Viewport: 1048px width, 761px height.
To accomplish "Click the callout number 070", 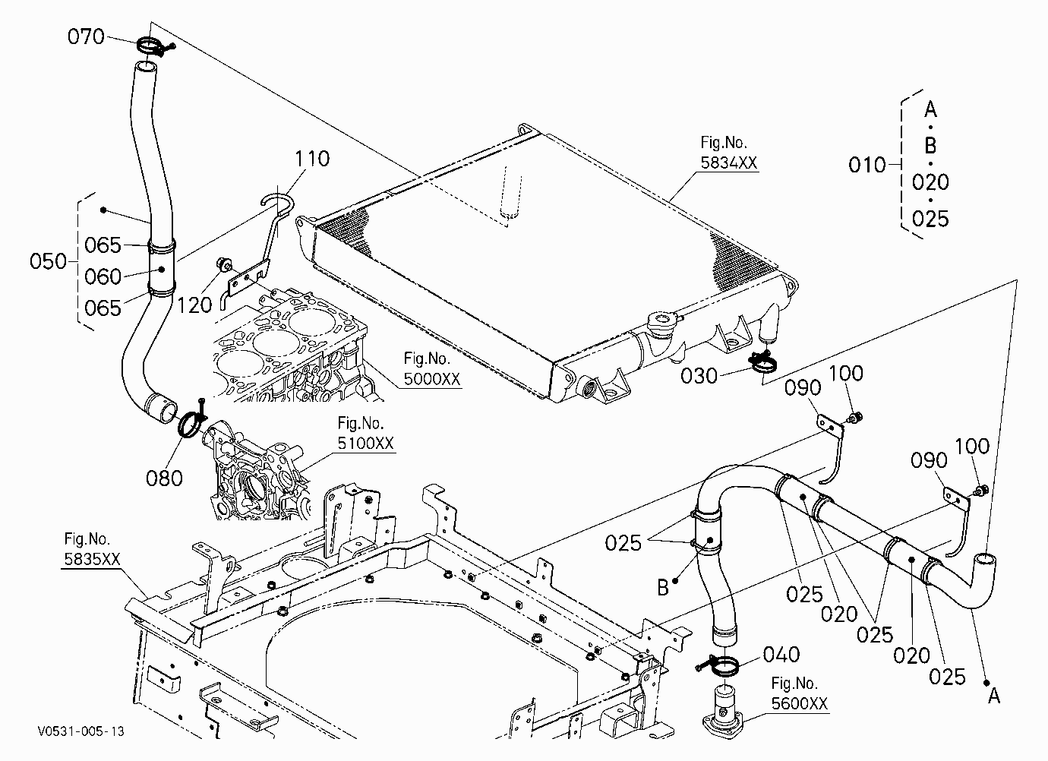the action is [86, 36].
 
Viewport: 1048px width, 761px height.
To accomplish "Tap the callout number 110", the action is [312, 159].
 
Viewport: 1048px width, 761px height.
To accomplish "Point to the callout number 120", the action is [194, 305].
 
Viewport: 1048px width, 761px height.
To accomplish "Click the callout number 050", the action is [48, 261].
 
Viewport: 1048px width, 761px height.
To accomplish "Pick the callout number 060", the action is [103, 276].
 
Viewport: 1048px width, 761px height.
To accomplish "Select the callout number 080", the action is [164, 478].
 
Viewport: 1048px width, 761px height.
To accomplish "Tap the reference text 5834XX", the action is [728, 163].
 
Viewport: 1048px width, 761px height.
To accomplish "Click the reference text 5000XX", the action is [432, 379].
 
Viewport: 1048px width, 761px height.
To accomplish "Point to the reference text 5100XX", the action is [366, 443].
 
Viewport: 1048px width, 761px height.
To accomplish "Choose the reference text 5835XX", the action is [92, 559].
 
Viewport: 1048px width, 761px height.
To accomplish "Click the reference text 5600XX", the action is [800, 703].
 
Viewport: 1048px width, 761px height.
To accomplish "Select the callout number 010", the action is [867, 165].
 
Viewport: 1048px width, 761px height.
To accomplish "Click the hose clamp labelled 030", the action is [762, 363].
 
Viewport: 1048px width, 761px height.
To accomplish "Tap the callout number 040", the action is [781, 654].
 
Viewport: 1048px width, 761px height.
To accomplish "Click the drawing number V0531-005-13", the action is [81, 731].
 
